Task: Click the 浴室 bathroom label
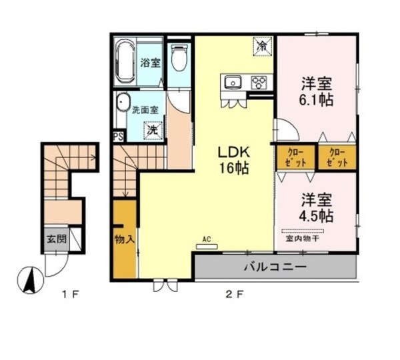coord(149,63)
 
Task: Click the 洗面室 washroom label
coord(145,109)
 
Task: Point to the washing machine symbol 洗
coord(153,131)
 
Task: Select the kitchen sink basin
coord(233,83)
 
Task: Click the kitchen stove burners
coord(258,83)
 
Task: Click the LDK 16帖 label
coord(231,159)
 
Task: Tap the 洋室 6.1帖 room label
coord(317,91)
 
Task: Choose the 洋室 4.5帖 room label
coord(316,207)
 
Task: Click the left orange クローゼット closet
coord(293,157)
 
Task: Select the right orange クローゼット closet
coord(337,157)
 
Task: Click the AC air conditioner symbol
coord(207,244)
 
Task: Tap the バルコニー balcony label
coord(275,267)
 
